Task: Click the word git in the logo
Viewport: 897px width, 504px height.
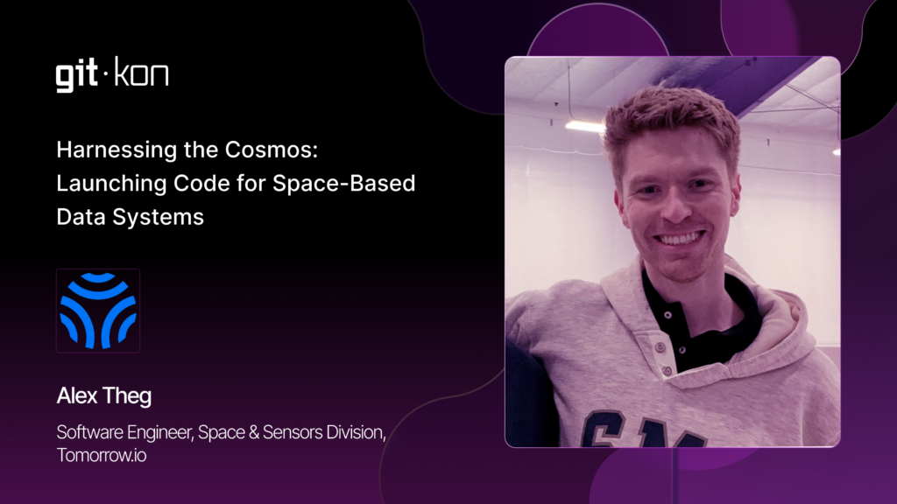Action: (x=76, y=75)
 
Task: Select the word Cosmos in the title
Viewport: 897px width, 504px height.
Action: (x=272, y=150)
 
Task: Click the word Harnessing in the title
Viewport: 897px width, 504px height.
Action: (x=117, y=150)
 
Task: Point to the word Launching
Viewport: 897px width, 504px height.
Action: (x=111, y=184)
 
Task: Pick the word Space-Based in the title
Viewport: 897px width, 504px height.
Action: (x=343, y=184)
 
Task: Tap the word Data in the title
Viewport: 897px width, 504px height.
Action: (x=81, y=217)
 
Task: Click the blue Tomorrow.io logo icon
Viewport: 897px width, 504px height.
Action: (x=98, y=311)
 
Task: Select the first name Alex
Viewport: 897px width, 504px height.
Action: (x=77, y=396)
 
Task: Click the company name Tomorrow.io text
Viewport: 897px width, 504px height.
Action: (x=102, y=455)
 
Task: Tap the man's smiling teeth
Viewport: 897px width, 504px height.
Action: (x=680, y=238)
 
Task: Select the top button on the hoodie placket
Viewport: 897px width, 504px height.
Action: (x=667, y=314)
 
